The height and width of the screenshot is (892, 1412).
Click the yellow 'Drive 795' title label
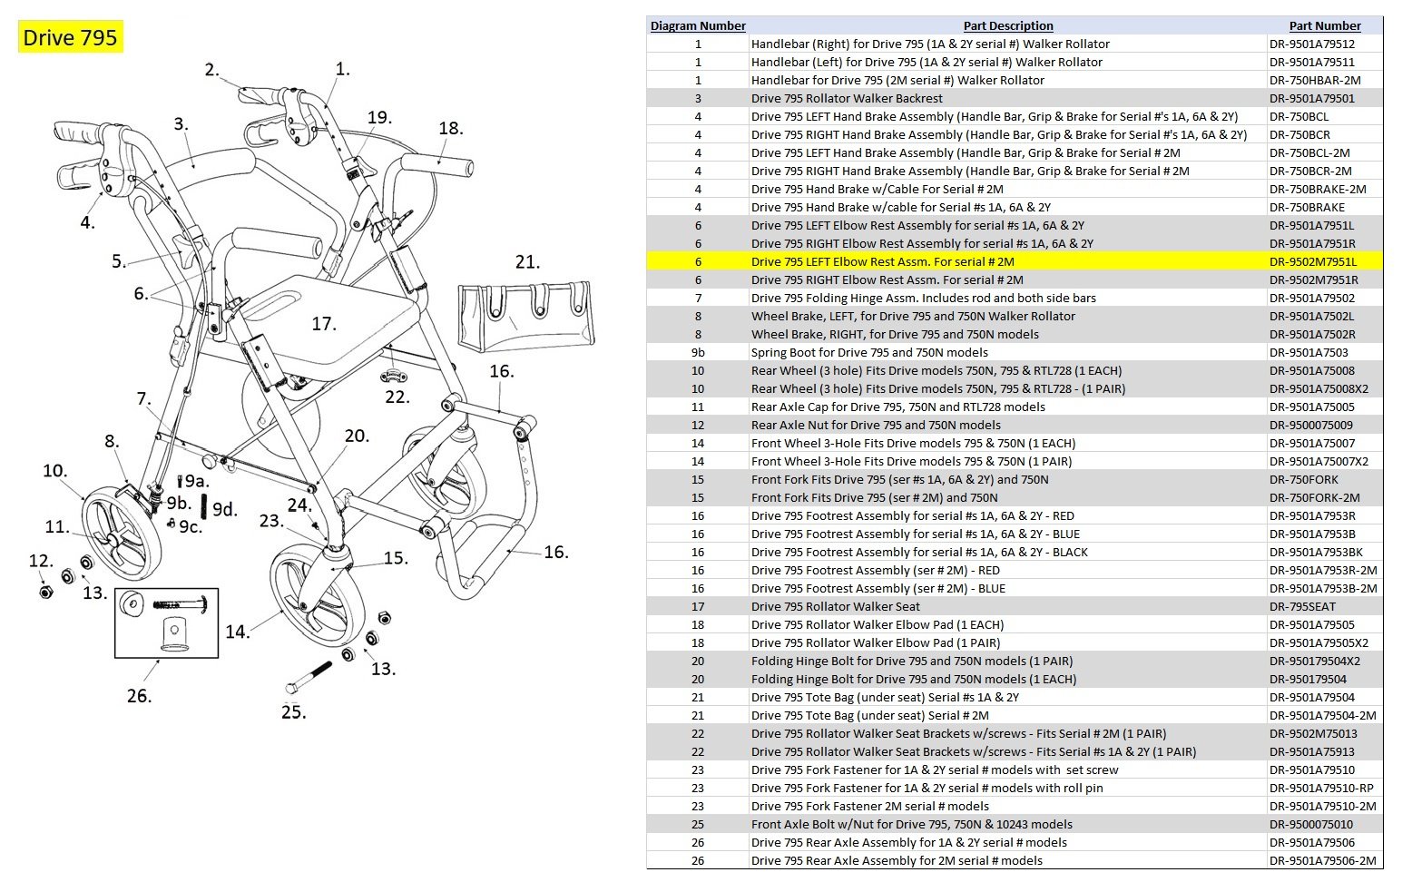pos(70,37)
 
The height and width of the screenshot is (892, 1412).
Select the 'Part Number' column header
pos(1324,25)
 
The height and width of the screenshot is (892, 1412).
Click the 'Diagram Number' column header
pos(697,25)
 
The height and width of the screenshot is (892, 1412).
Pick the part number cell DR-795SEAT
pos(1302,606)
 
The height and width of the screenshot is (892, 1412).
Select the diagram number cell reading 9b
pos(697,352)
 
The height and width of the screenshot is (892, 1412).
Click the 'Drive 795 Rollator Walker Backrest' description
pos(847,98)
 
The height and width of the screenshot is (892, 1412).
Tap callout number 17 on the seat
pos(323,324)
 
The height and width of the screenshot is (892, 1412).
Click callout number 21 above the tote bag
pos(527,262)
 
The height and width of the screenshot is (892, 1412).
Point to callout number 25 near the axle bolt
pos(293,712)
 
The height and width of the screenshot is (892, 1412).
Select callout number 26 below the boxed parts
pos(139,696)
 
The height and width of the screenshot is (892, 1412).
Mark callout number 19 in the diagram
pos(379,118)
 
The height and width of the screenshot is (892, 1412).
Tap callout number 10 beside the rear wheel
pos(54,471)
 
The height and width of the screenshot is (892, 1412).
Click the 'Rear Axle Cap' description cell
pos(897,407)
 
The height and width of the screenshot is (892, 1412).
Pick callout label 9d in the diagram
pos(224,509)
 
